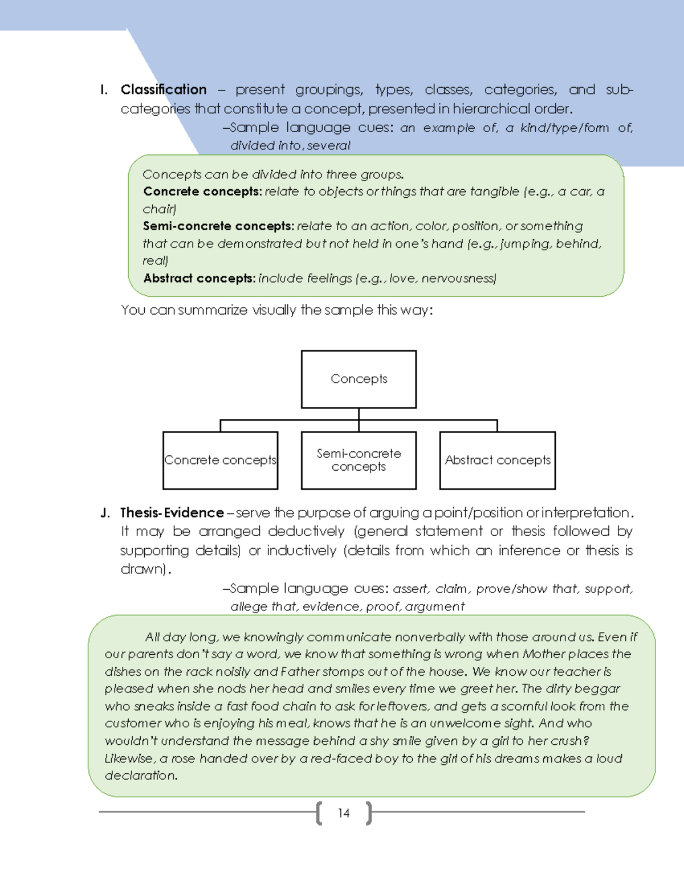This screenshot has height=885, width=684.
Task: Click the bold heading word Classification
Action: coord(164,89)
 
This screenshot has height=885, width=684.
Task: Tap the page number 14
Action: coord(343,813)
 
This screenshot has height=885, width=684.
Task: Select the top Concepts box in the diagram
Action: coord(359,379)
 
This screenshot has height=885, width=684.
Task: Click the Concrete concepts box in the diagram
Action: coord(220,460)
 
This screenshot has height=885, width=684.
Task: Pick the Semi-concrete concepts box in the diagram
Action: coord(359,460)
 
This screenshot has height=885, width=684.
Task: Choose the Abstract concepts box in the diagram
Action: coord(497,460)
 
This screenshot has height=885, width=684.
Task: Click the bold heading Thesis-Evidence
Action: coord(172,512)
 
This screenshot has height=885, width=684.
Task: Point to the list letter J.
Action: coord(105,512)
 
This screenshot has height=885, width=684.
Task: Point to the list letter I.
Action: coord(103,89)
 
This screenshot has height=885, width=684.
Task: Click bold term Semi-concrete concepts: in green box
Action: coord(218,226)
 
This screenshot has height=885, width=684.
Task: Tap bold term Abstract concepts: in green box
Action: coord(199,278)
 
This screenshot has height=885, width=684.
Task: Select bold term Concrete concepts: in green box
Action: coord(202,191)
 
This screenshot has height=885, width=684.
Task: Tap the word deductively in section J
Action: coord(306,531)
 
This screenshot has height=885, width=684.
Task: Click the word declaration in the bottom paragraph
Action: coord(140,776)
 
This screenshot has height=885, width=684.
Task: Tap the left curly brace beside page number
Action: coord(319,813)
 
